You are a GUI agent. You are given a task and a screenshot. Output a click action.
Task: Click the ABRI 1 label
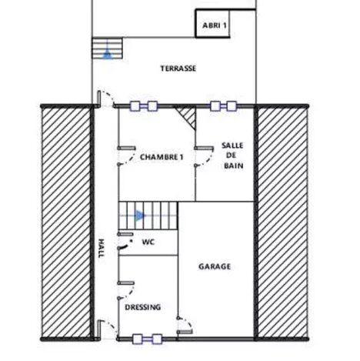click(x=215, y=25)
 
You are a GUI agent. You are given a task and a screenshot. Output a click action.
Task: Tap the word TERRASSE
click(x=178, y=69)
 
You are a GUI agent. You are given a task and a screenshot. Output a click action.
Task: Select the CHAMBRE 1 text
click(x=162, y=156)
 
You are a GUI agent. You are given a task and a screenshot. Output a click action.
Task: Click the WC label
click(x=148, y=241)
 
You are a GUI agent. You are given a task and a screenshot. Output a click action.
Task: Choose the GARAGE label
click(x=215, y=267)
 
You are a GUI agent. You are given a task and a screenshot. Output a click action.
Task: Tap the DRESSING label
click(x=142, y=307)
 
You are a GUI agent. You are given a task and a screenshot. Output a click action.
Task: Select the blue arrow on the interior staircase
click(x=138, y=216)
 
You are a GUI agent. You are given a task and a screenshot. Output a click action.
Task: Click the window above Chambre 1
click(x=145, y=106)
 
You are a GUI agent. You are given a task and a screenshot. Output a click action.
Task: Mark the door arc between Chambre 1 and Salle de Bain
click(x=203, y=156)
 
